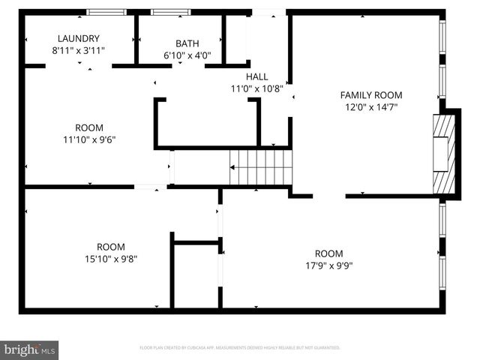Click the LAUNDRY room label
79,38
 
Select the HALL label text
257,76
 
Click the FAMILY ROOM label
371,95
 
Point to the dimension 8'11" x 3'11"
79,50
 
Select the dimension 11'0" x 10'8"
257,88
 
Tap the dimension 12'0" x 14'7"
371,107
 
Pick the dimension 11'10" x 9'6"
89,139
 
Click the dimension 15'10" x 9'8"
111,259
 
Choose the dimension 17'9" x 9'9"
328,265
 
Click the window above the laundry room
106,12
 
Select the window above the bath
172,12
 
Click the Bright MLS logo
30,349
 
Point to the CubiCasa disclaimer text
240,348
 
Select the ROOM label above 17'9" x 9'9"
328,253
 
